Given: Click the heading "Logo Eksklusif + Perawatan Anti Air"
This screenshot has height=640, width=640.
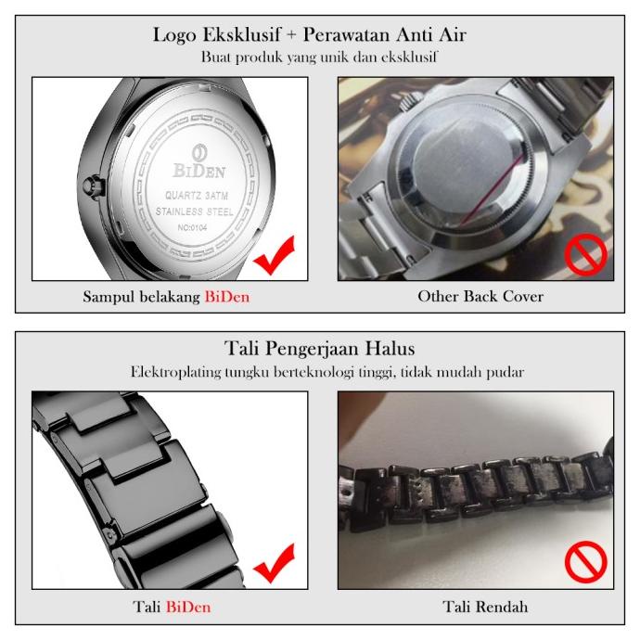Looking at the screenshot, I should point(320,36).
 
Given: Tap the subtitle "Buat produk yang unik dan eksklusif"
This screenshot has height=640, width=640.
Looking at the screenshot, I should point(320,57).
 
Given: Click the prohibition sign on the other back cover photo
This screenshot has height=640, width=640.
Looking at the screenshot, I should point(586,255).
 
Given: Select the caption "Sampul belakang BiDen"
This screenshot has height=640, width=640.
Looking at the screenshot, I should point(166,297).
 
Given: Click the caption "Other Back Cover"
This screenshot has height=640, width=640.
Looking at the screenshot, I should point(480,297).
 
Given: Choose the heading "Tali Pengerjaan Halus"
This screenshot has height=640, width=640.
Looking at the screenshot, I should point(320,350).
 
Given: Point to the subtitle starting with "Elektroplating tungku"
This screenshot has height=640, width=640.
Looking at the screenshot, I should point(320,371).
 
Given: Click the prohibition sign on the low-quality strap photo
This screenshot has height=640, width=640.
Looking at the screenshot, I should point(586,561).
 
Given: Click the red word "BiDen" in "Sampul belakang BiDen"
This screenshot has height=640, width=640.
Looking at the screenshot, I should point(227,297).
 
